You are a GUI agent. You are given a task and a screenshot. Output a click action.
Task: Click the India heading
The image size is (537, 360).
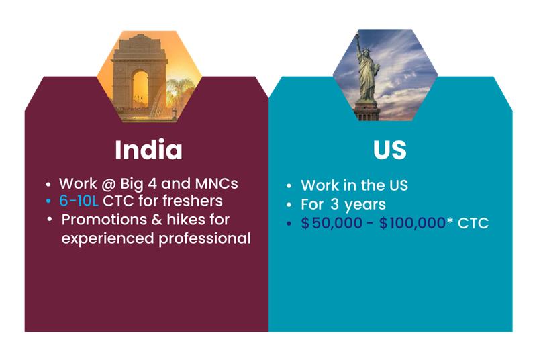(x=148, y=150)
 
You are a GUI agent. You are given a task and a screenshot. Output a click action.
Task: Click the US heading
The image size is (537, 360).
(x=390, y=150)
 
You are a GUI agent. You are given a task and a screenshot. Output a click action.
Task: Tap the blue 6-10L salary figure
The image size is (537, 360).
(x=79, y=201)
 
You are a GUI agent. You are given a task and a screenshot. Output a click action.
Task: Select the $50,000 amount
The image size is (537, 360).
(x=332, y=223)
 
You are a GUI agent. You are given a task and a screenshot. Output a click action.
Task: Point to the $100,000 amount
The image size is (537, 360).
(x=413, y=223)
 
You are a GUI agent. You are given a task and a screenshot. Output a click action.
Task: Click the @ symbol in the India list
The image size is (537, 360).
(x=108, y=184)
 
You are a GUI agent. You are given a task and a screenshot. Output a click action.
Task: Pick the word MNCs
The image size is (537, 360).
(x=216, y=183)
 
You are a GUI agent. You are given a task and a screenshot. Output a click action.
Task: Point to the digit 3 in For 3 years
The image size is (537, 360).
(x=334, y=204)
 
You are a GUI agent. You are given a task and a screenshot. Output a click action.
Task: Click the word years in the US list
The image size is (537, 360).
(x=364, y=205)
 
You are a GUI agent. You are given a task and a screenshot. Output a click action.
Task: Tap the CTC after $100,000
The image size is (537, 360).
(x=473, y=224)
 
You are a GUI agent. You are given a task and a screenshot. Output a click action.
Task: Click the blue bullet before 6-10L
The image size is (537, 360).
(x=48, y=201)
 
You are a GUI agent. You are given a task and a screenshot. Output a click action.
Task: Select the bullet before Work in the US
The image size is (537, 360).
(x=289, y=186)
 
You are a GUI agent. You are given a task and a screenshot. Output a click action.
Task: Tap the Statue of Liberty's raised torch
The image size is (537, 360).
(x=357, y=35)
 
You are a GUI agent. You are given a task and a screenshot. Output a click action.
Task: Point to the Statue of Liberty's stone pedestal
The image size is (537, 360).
(x=367, y=110)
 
